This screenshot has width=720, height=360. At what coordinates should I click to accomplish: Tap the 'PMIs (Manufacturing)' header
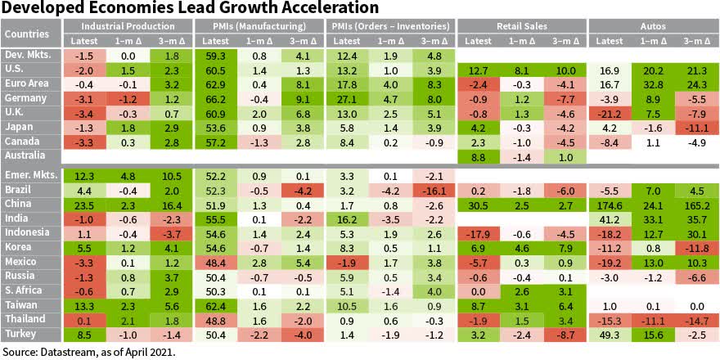click(x=259, y=26)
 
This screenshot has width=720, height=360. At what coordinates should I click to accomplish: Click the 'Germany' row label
click(x=25, y=97)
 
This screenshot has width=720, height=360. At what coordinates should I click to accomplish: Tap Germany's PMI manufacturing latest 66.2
click(x=216, y=97)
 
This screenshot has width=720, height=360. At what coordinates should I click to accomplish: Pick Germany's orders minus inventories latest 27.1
click(x=347, y=97)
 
